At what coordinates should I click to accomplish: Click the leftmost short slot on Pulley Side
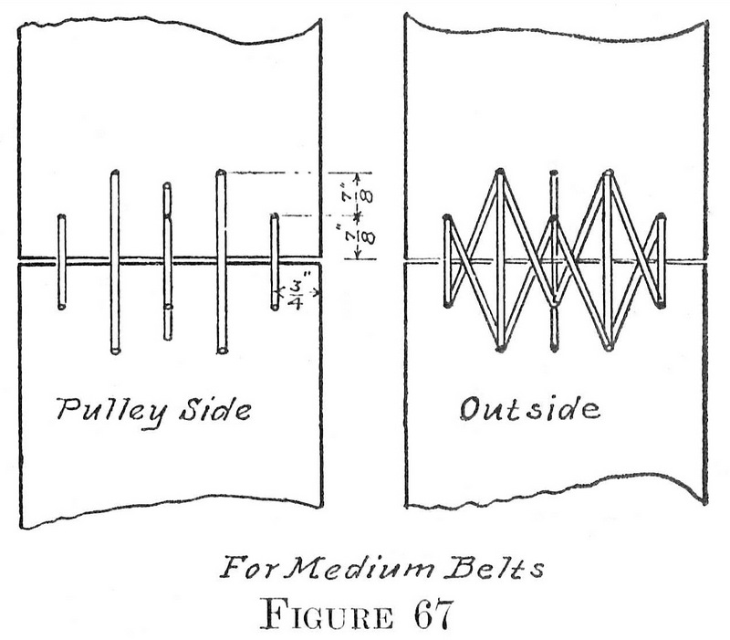61,262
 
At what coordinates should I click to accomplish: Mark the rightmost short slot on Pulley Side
274,262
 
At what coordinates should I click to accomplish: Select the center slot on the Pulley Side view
167,261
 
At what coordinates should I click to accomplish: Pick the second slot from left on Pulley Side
115,261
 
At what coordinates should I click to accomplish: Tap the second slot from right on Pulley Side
221,261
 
